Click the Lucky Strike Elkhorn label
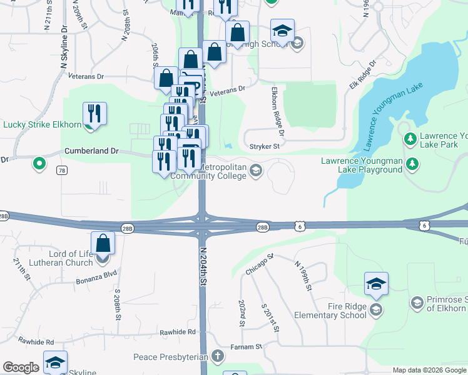coord(42,124)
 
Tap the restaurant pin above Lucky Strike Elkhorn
coord(94,113)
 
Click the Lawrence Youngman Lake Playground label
coord(362,165)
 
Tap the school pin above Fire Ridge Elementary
coord(376,284)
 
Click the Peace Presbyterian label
coord(170,357)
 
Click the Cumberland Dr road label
coord(91,151)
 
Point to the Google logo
coord(21,368)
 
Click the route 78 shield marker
coord(61,170)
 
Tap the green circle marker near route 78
coord(39,164)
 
